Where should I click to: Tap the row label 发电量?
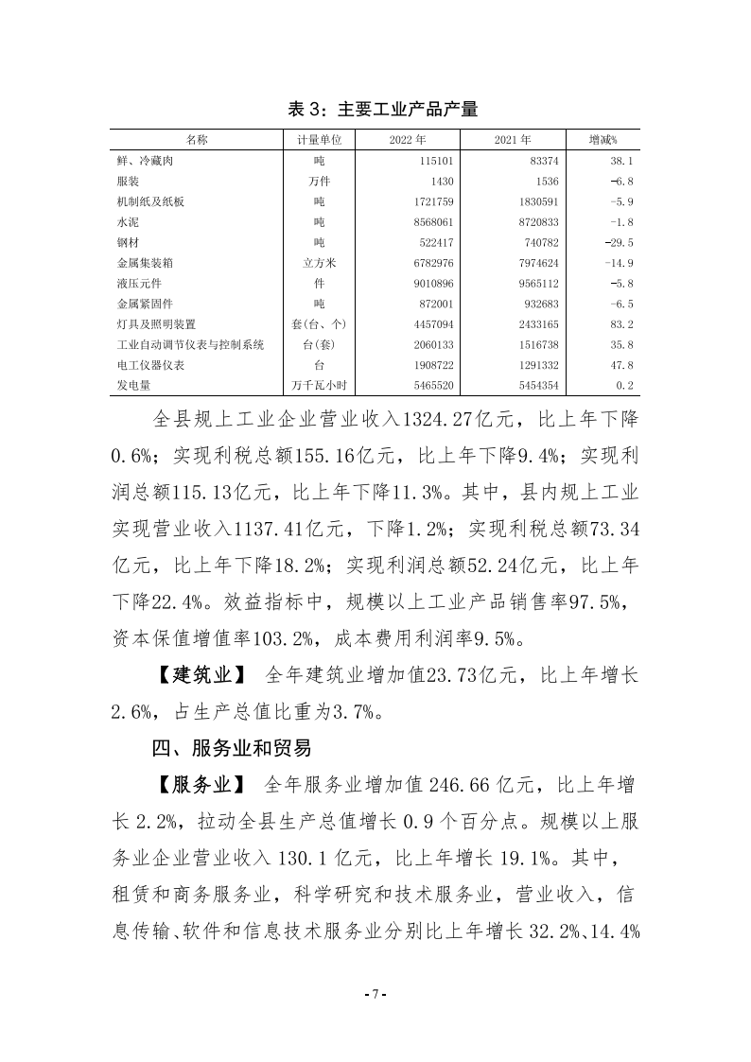coord(132,385)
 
